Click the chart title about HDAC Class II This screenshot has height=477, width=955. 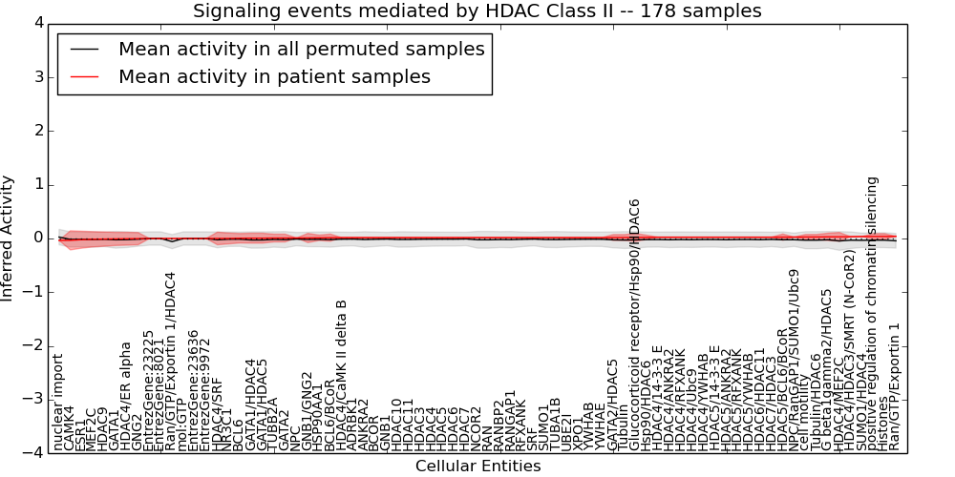pyautogui.click(x=477, y=11)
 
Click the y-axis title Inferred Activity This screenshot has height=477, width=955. pyautogui.click(x=9, y=238)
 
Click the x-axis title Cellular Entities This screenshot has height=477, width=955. pyautogui.click(x=477, y=467)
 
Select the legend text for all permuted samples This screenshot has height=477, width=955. pyautogui.click(x=301, y=50)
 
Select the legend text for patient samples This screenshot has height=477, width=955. pyautogui.click(x=274, y=76)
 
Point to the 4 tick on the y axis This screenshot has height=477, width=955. pyautogui.click(x=36, y=23)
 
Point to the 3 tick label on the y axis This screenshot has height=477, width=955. pyautogui.click(x=36, y=76)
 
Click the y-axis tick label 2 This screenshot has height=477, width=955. pyautogui.click(x=36, y=131)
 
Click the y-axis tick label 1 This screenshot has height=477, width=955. pyautogui.click(x=36, y=184)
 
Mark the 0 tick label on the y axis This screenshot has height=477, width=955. pyautogui.click(x=36, y=238)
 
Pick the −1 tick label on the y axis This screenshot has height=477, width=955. pyautogui.click(x=32, y=292)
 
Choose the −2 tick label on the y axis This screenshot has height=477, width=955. pyautogui.click(x=32, y=345)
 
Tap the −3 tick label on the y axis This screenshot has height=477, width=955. pyautogui.click(x=32, y=399)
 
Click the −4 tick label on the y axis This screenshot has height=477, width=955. pyautogui.click(x=32, y=453)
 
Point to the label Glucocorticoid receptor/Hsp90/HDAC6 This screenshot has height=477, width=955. pyautogui.click(x=635, y=324)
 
